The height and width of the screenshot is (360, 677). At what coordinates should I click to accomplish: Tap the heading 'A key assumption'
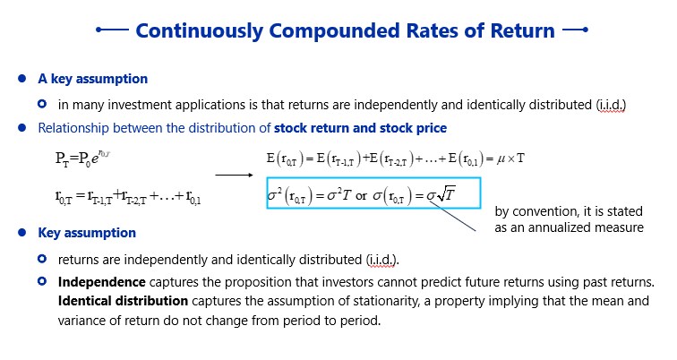pyautogui.click(x=93, y=79)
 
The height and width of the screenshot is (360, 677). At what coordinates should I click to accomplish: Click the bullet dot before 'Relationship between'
pyautogui.click(x=22, y=128)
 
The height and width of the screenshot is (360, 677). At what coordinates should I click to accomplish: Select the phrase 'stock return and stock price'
pyautogui.click(x=361, y=128)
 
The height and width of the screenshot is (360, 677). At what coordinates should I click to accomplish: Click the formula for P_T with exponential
pyautogui.click(x=82, y=159)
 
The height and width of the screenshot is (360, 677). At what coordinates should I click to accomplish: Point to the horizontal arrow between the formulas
pyautogui.click(x=234, y=175)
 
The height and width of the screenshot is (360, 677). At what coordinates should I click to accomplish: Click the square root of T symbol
pyautogui.click(x=446, y=194)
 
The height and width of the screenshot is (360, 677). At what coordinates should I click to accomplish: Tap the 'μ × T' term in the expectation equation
pyautogui.click(x=510, y=159)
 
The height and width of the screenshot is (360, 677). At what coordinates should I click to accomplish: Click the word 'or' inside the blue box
pyautogui.click(x=362, y=195)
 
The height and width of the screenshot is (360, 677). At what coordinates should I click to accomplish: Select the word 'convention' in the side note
pyautogui.click(x=543, y=211)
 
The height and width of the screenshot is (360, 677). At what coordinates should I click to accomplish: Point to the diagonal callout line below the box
pyautogui.click(x=453, y=216)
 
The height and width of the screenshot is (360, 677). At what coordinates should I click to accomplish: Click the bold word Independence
pyautogui.click(x=102, y=282)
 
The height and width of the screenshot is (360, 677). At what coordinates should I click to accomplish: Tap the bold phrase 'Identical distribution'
pyautogui.click(x=123, y=300)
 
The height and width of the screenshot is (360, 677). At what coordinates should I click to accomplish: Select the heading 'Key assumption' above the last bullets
pyautogui.click(x=87, y=233)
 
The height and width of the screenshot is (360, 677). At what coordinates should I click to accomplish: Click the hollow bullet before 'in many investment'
pyautogui.click(x=42, y=104)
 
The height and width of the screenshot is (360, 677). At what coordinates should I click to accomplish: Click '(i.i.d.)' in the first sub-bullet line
pyautogui.click(x=611, y=105)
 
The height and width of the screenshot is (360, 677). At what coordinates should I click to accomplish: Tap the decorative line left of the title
pyautogui.click(x=112, y=30)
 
